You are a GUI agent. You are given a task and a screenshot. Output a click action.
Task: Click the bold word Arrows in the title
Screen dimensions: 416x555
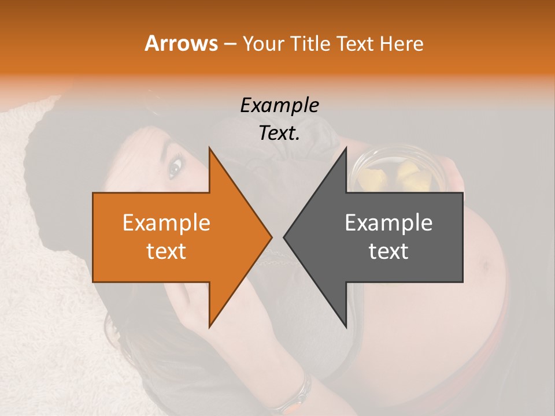(x=181, y=43)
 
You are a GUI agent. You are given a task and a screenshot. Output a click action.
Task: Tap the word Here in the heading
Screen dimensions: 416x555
(x=402, y=43)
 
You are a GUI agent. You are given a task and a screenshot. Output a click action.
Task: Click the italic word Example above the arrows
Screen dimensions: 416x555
(x=279, y=105)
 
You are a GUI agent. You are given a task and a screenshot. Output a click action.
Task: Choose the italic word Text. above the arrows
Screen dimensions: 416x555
(x=279, y=133)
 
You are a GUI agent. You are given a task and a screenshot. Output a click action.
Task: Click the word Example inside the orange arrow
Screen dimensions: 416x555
(x=166, y=222)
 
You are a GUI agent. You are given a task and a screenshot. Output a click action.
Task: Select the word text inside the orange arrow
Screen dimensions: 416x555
(x=166, y=251)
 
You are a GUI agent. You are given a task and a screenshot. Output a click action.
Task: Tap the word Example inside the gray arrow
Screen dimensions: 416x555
(x=388, y=222)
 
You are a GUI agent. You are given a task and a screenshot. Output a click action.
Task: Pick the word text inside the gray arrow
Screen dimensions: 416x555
(x=388, y=251)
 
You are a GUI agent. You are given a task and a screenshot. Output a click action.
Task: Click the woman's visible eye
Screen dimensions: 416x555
(x=175, y=168)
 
